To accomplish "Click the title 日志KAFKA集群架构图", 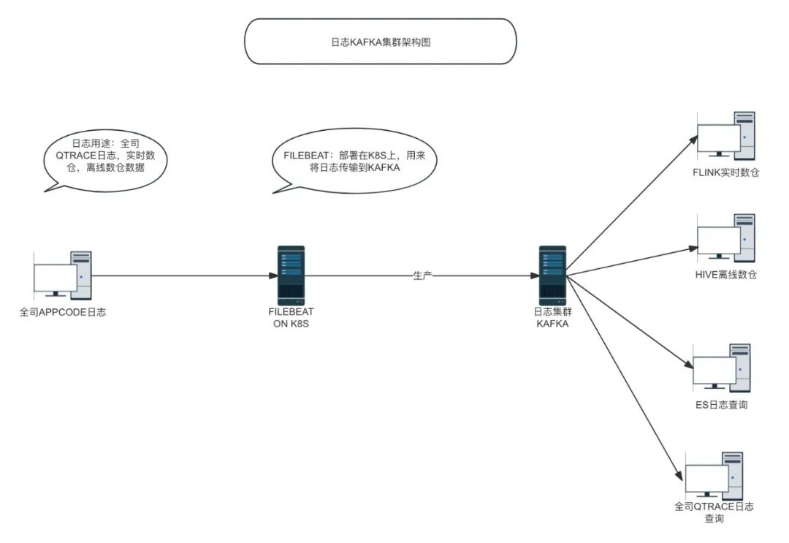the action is (x=381, y=42).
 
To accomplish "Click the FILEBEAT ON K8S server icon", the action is (x=291, y=276).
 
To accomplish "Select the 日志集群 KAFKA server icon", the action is (x=552, y=276).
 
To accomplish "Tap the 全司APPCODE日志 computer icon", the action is (x=63, y=276).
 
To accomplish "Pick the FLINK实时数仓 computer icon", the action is (x=725, y=136).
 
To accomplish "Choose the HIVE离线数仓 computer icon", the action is (x=725, y=238).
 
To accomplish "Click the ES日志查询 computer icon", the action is (x=722, y=368).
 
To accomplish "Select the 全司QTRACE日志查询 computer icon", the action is (x=714, y=476).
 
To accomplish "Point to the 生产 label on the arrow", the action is (x=422, y=276).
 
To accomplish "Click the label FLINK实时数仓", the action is (x=725, y=172).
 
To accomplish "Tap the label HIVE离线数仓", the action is (x=725, y=275).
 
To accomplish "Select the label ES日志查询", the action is (x=722, y=405).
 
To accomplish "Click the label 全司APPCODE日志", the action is (x=63, y=312).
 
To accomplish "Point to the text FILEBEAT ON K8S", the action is (x=291, y=318).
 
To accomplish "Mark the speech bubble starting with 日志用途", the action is (x=104, y=161).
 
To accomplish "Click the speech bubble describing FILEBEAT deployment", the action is (x=354, y=161).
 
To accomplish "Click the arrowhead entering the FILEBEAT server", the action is (x=273, y=276).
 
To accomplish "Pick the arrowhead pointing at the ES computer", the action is (x=689, y=365).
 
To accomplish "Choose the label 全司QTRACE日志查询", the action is (x=714, y=512).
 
